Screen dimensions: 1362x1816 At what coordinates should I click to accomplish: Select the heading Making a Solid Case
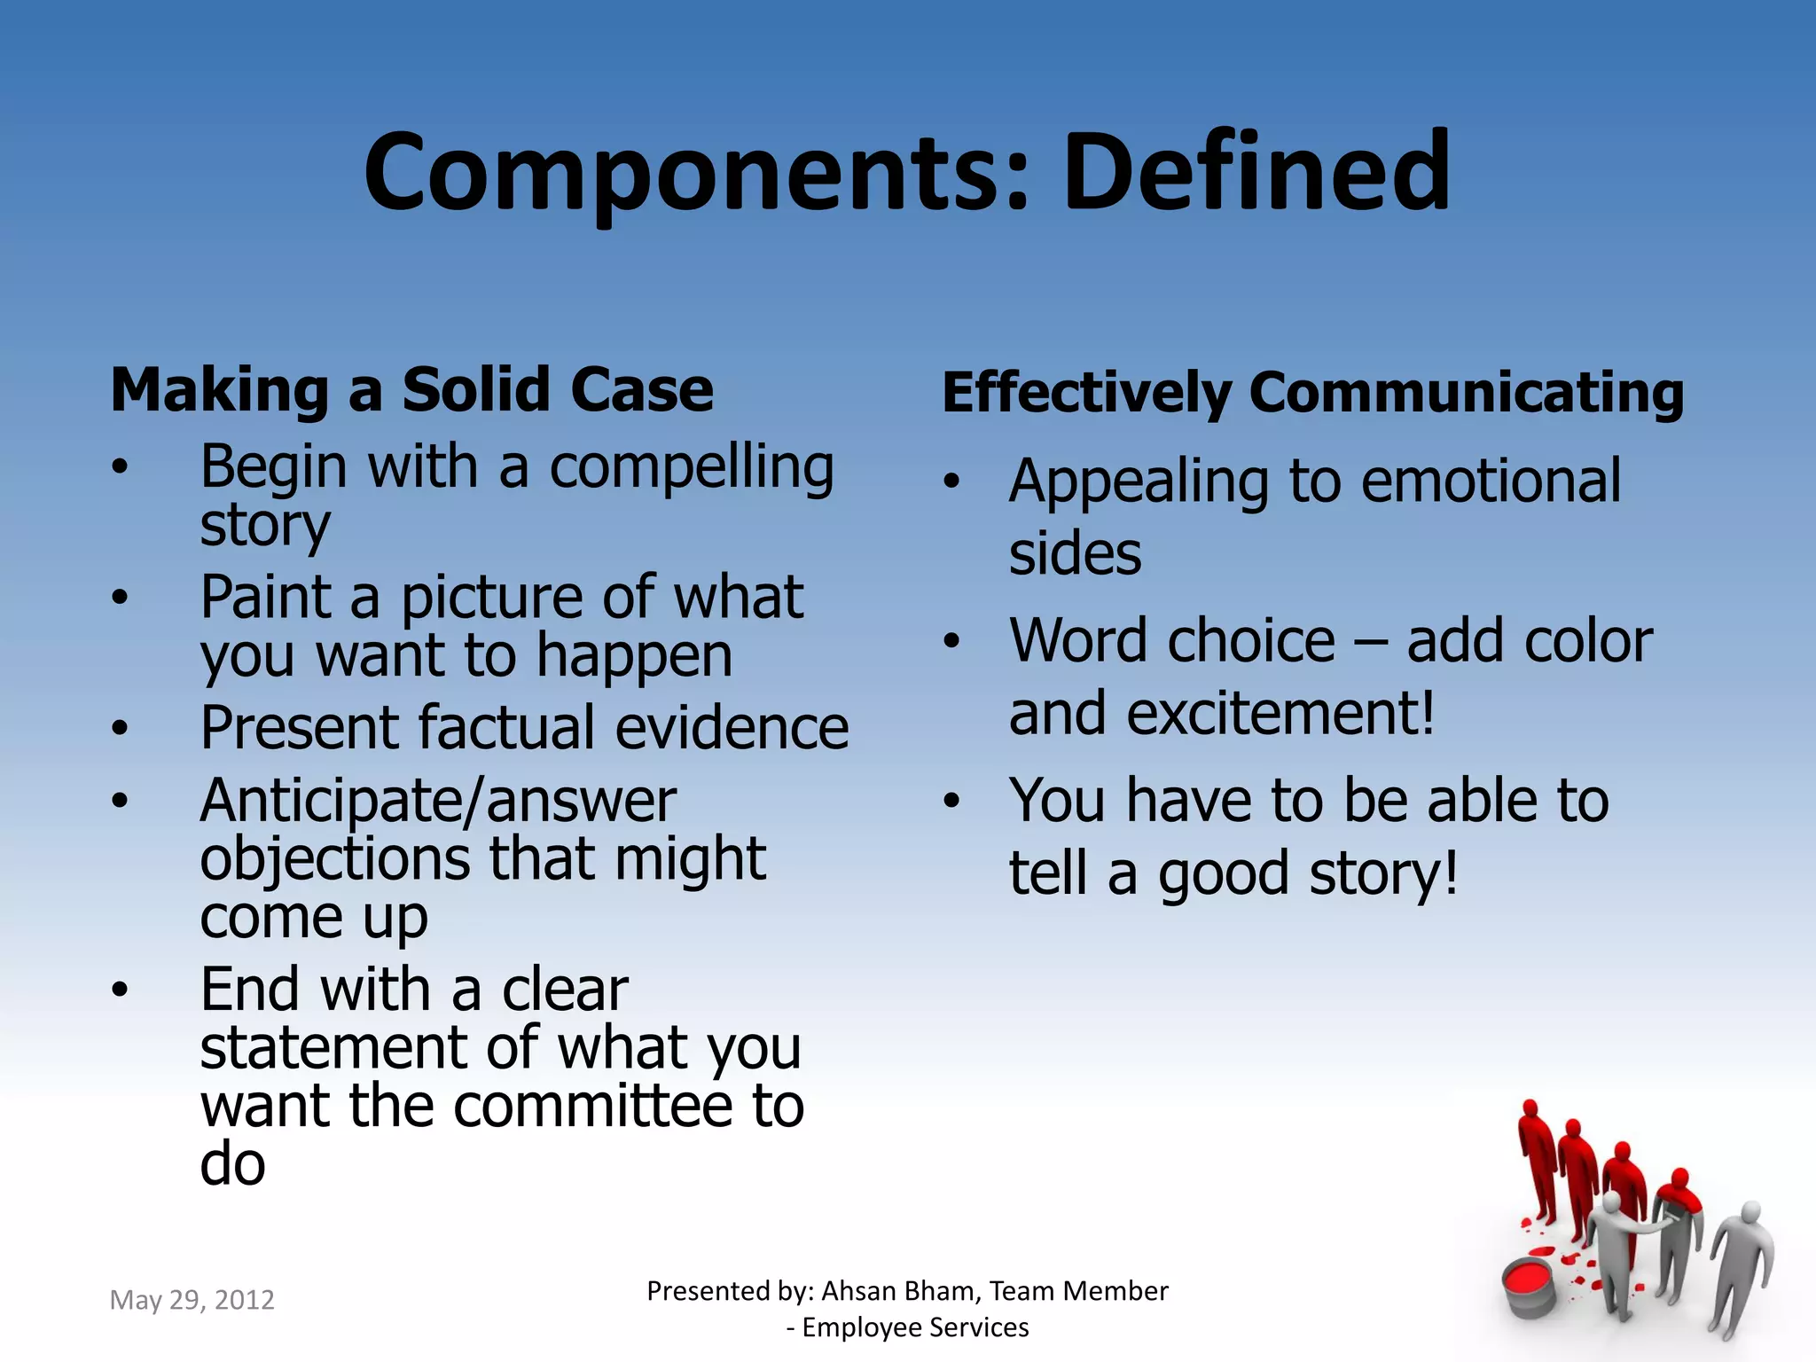pos(411,390)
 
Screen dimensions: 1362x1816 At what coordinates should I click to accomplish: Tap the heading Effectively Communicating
pos(1312,393)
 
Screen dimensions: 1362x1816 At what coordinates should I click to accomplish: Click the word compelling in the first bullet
pos(692,468)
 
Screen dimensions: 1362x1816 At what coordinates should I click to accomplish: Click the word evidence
pos(732,728)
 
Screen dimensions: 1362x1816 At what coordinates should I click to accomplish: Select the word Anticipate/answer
pos(438,801)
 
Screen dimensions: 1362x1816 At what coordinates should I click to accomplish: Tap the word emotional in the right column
pos(1491,481)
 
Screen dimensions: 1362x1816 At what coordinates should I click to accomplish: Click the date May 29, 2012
pos(192,1300)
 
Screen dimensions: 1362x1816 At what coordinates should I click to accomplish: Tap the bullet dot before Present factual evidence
pos(120,729)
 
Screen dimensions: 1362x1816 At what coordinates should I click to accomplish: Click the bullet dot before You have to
pos(951,802)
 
